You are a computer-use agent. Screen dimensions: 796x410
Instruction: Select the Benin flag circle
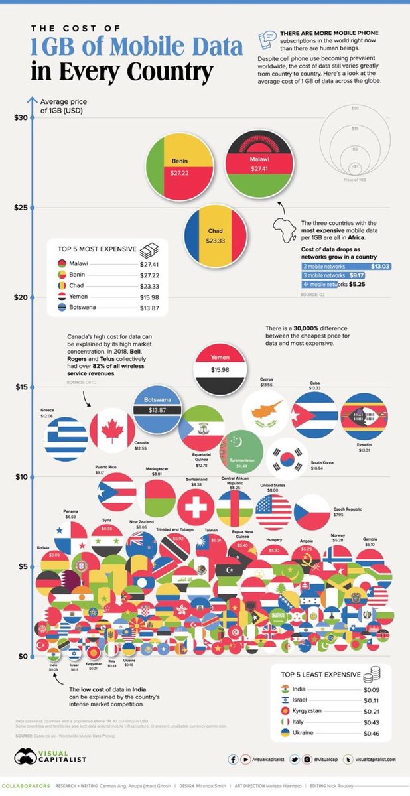pyautogui.click(x=179, y=165)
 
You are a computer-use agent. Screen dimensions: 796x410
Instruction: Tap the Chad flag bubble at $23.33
pyautogui.click(x=216, y=234)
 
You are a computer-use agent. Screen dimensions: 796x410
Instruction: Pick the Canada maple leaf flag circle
pyautogui.click(x=112, y=431)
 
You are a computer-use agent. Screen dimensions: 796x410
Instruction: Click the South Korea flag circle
pyautogui.click(x=287, y=458)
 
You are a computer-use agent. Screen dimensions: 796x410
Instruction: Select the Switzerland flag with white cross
pyautogui.click(x=196, y=507)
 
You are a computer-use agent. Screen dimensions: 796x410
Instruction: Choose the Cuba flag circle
pyautogui.click(x=315, y=415)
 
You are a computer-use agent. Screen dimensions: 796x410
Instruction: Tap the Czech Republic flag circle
pyautogui.click(x=312, y=511)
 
